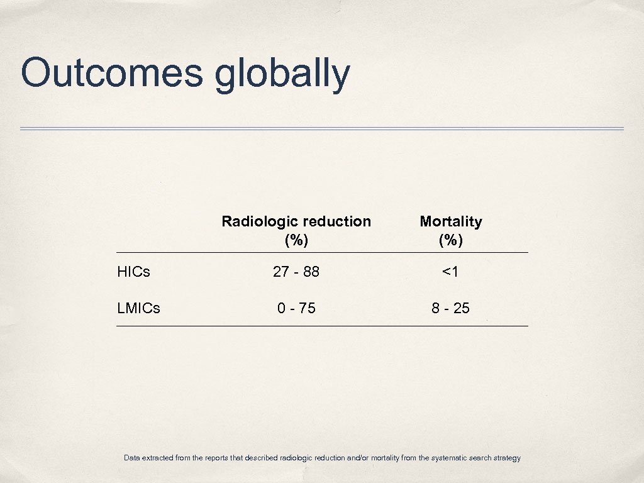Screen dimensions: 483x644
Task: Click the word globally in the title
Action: (x=282, y=74)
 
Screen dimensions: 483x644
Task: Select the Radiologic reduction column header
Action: (x=296, y=230)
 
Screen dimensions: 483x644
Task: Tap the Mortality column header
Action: (x=451, y=230)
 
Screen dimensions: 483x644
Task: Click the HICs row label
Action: (x=133, y=272)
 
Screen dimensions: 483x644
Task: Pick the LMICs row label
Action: (x=138, y=308)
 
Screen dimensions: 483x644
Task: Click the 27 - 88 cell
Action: (x=296, y=272)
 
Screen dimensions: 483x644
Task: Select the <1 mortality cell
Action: (x=450, y=272)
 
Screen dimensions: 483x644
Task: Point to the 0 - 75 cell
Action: (x=296, y=308)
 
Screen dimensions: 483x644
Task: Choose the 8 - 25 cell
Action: (x=450, y=308)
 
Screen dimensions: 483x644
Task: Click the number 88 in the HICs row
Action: (x=311, y=272)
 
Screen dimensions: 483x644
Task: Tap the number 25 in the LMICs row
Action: (x=461, y=308)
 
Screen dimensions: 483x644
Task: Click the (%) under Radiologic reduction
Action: (x=296, y=240)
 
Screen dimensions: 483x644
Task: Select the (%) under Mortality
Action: (x=451, y=240)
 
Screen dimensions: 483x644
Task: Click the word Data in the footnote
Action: (x=132, y=458)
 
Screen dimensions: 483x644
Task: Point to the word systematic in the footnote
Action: (x=448, y=458)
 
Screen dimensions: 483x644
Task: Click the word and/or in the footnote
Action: (x=357, y=458)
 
